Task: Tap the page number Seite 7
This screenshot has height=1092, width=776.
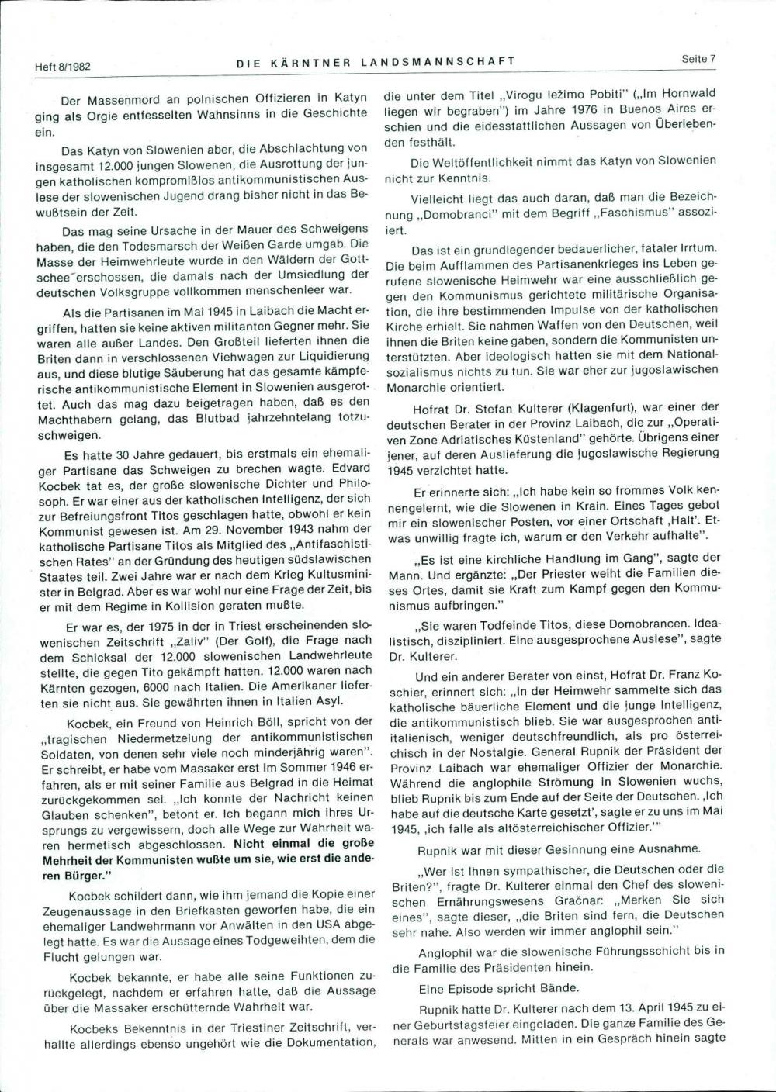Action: coord(698,59)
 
